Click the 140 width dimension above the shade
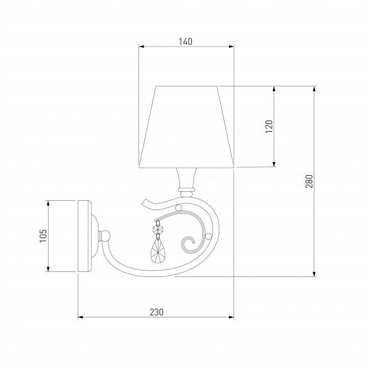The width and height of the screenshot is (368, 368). pyautogui.click(x=186, y=42)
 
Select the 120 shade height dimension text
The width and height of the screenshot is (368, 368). pyautogui.click(x=269, y=126)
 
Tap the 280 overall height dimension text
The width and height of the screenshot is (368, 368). pyautogui.click(x=309, y=181)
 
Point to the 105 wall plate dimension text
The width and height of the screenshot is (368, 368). pyautogui.click(x=43, y=236)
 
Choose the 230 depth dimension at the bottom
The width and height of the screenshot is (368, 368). pyautogui.click(x=157, y=312)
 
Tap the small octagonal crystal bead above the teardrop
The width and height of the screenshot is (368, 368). pyautogui.click(x=158, y=229)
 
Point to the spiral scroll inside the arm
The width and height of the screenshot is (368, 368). pyautogui.click(x=190, y=244)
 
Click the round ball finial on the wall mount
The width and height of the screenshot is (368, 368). pyautogui.click(x=106, y=236)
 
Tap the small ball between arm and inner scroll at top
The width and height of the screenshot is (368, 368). pyautogui.click(x=178, y=208)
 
